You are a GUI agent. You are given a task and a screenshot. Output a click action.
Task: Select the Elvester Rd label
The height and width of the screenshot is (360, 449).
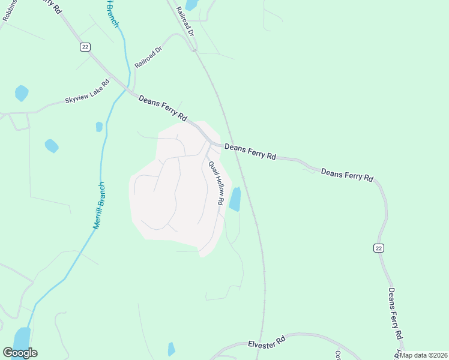pyautogui.click(x=268, y=344)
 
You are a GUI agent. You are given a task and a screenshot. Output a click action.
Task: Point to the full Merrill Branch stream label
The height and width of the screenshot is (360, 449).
pyautogui.click(x=99, y=205)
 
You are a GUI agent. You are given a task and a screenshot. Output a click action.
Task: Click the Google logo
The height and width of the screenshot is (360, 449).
pyautogui.click(x=19, y=352)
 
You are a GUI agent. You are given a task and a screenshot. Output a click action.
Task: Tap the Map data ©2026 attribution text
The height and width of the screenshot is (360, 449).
pyautogui.click(x=424, y=355)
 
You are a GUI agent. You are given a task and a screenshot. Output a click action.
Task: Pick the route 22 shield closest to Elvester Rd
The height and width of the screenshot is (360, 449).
pyautogui.click(x=378, y=248)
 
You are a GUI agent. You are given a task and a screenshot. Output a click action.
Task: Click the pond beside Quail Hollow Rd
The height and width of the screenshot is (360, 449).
pyautogui.click(x=235, y=199)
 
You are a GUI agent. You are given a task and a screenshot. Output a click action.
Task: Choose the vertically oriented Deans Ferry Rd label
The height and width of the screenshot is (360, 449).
pyautogui.click(x=394, y=314)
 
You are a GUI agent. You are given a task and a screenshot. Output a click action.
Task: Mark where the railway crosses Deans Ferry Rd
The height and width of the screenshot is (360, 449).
pyautogui.click(x=233, y=148)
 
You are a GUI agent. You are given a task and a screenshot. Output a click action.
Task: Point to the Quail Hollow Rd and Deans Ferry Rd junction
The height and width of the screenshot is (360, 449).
pyautogui.click(x=211, y=144)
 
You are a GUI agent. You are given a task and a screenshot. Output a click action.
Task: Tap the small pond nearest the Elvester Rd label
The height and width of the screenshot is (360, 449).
pyautogui.click(x=172, y=349)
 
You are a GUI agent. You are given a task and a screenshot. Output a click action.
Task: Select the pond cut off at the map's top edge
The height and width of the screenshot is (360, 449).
pyautogui.click(x=191, y=5)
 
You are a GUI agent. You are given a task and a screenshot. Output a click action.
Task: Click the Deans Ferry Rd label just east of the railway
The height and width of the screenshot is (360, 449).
pyautogui.click(x=250, y=151)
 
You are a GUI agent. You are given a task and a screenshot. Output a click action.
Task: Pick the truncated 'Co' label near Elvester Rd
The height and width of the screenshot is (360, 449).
pyautogui.click(x=338, y=355)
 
